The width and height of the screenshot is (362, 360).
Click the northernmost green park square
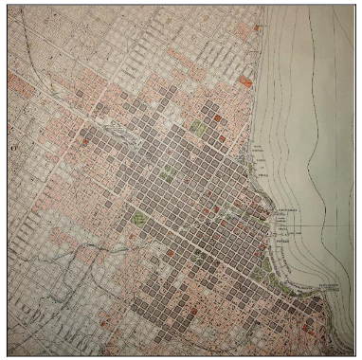198,125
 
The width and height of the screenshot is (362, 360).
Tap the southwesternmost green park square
141,219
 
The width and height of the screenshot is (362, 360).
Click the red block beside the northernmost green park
217,118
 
